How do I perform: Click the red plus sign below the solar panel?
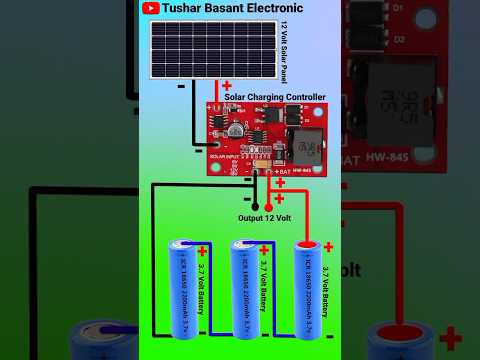click(x=227, y=86)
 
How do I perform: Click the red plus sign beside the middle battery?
click(x=265, y=249)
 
